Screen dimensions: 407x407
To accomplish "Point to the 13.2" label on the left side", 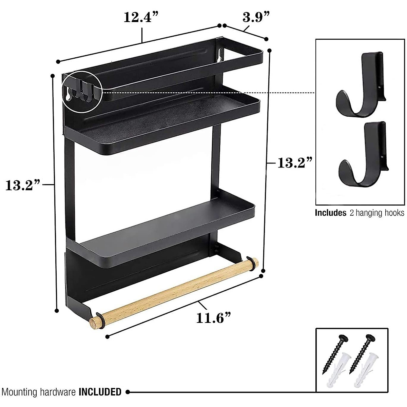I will tap(23, 185).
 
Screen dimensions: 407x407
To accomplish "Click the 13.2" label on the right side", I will tap(294, 163).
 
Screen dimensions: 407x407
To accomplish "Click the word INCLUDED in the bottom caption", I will tap(100, 392).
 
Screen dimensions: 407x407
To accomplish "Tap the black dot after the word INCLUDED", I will tap(128, 392).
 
